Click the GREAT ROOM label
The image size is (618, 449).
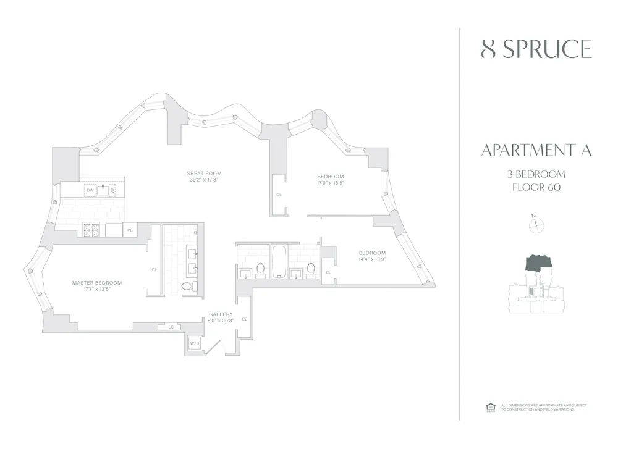(x=204, y=173)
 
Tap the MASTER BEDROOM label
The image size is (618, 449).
(x=97, y=283)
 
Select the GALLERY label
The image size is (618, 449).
(x=221, y=314)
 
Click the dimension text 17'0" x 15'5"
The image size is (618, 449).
(x=331, y=183)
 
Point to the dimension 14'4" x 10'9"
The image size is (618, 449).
(x=373, y=260)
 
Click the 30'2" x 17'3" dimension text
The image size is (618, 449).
(x=204, y=180)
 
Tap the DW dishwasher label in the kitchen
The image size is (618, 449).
(x=90, y=190)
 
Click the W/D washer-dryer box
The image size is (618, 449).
(x=194, y=343)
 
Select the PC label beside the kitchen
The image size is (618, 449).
(x=130, y=230)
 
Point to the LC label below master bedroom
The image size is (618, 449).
(x=170, y=327)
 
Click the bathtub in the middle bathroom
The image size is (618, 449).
(x=278, y=261)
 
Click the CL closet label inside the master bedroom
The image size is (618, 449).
(x=154, y=269)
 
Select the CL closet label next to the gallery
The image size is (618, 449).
(x=245, y=319)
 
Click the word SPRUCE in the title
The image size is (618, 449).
(x=546, y=49)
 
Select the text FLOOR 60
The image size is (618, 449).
(x=536, y=188)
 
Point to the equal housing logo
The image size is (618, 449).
(x=491, y=406)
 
